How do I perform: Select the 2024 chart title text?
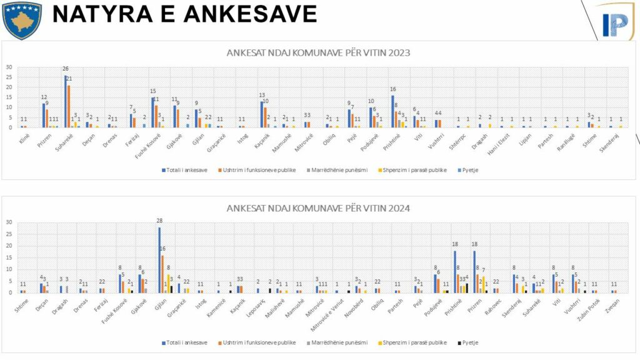tap(318, 207)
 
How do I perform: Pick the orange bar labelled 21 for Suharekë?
tap(69, 106)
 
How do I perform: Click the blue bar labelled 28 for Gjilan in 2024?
tap(159, 260)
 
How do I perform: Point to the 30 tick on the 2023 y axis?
tap(9, 67)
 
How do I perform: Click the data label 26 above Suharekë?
tap(66, 69)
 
